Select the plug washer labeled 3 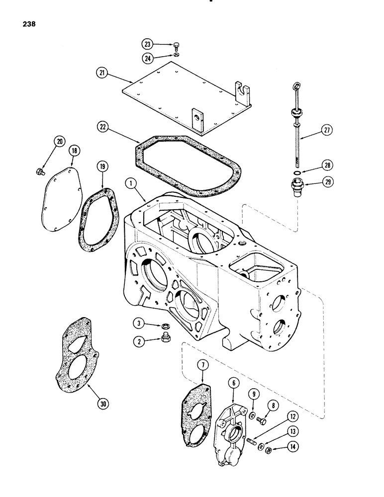coord(164,326)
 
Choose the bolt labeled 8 coord(263,421)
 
